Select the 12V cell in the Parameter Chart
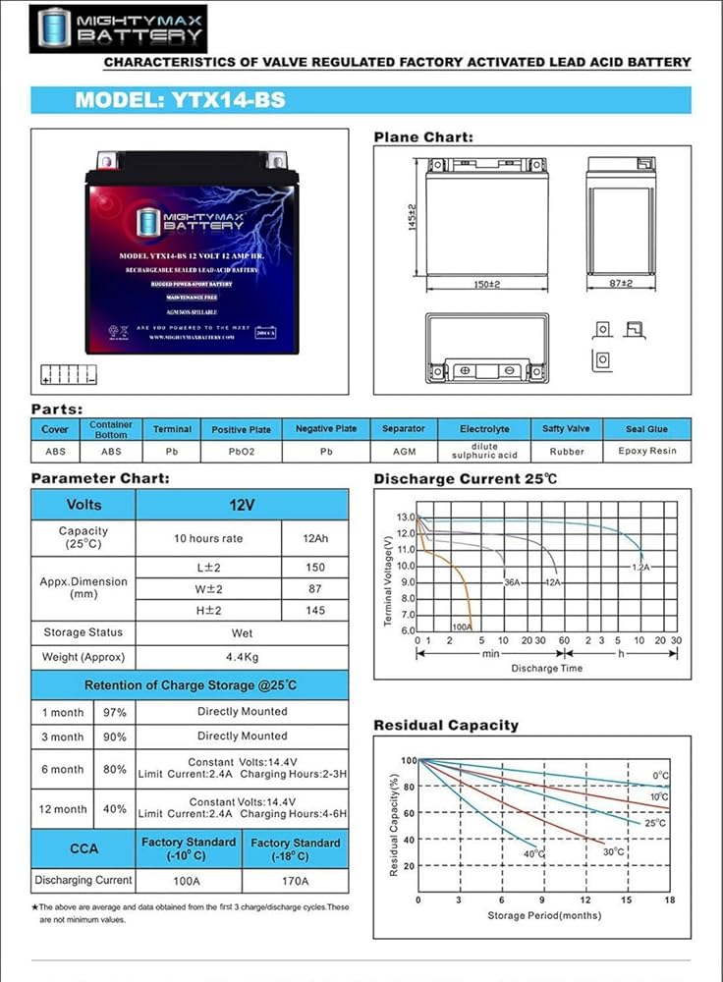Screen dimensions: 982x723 pos(242,505)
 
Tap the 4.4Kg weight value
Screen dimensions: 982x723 pos(242,657)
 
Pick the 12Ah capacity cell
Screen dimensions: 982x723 pos(314,538)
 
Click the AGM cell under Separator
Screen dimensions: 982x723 pos(403,452)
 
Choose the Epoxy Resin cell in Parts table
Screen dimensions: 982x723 pos(647,452)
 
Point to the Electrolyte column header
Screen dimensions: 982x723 pos(484,429)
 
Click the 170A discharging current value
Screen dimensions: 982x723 pos(295,880)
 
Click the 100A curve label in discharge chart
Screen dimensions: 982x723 pos(461,626)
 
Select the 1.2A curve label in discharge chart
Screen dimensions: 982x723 pos(640,568)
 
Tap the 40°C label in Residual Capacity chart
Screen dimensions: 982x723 pos(533,854)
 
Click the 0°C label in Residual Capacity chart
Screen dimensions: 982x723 pos(660,776)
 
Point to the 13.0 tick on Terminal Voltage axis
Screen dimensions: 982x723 pos(406,517)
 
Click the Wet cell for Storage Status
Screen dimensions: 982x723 pos(242,631)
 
